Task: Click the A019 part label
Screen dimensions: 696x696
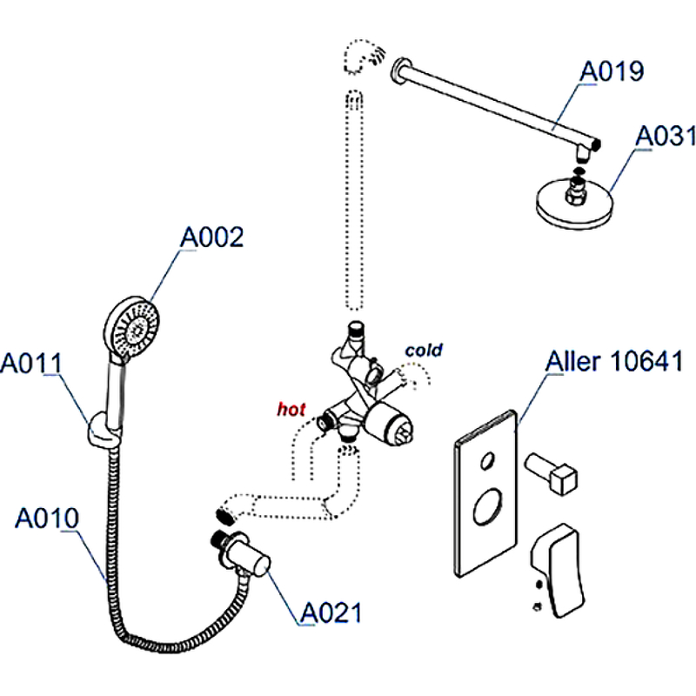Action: [612, 71]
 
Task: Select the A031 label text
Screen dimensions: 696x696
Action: [666, 137]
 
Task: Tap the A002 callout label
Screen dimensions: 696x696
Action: [211, 237]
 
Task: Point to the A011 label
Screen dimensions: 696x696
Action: [30, 363]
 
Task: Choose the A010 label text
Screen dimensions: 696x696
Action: [47, 519]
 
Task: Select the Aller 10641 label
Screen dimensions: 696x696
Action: [614, 362]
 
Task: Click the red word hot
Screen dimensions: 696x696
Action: [291, 409]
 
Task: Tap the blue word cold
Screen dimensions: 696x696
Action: [423, 351]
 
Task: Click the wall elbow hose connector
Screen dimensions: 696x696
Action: [246, 558]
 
